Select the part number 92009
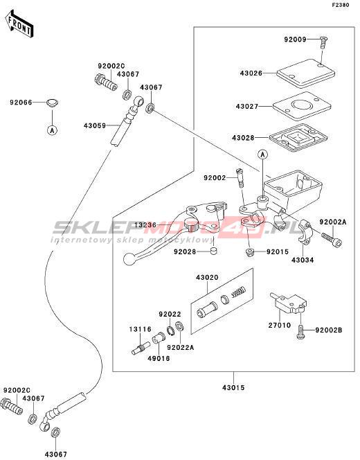point(295,39)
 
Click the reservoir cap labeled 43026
point(306,73)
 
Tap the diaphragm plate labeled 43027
point(302,106)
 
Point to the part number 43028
point(243,138)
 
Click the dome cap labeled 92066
point(53,103)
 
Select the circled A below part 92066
point(52,130)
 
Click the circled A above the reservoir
point(262,154)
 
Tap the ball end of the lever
point(128,259)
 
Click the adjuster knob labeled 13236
point(192,225)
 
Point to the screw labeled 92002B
point(300,332)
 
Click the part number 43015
point(233,387)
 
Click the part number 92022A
point(181,347)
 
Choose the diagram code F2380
point(341,5)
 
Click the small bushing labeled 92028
point(215,251)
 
